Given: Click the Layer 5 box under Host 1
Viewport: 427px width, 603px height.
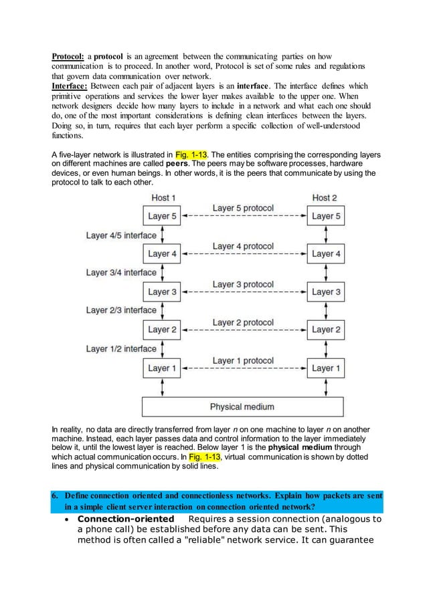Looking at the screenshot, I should click(x=163, y=216).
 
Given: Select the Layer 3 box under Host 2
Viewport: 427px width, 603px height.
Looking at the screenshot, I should click(x=326, y=291).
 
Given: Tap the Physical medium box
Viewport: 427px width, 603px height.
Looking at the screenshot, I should click(x=244, y=406).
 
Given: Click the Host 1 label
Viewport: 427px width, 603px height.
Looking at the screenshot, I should click(x=164, y=198).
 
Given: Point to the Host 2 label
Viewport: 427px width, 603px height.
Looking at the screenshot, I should click(x=326, y=198).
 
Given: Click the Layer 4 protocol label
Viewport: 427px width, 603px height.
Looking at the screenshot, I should click(x=243, y=246).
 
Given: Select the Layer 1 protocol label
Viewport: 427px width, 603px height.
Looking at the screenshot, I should click(x=243, y=360).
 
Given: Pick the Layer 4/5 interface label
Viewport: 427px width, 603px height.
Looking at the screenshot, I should click(x=121, y=235).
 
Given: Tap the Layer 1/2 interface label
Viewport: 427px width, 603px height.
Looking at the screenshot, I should click(x=121, y=348).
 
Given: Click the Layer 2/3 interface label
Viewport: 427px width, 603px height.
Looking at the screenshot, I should click(x=121, y=310).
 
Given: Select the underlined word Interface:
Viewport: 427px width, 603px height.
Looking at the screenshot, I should click(x=70, y=86).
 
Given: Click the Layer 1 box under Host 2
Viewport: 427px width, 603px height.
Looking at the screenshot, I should click(x=326, y=368).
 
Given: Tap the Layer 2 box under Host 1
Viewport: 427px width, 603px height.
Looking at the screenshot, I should click(x=163, y=330).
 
